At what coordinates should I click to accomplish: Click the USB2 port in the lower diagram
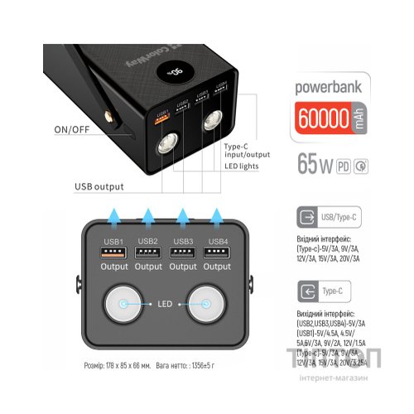(148, 254)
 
